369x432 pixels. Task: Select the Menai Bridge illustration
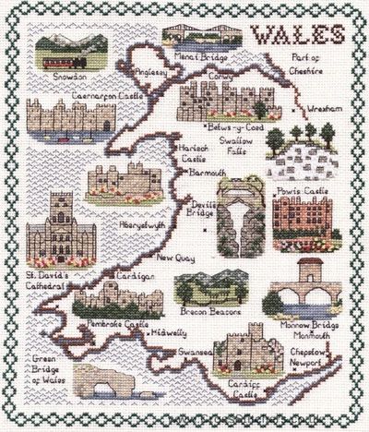[196, 34]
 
